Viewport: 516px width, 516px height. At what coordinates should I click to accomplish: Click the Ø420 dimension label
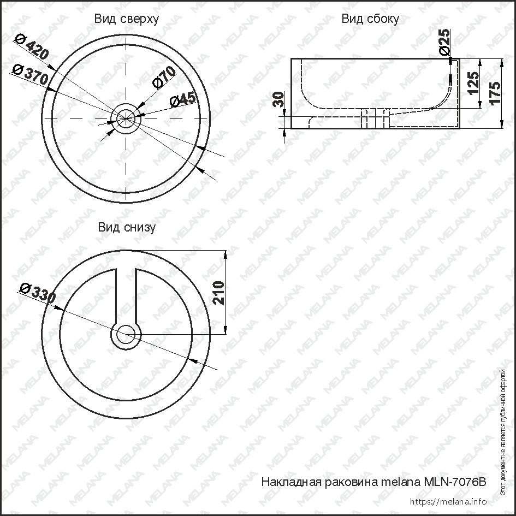pyautogui.click(x=32, y=48)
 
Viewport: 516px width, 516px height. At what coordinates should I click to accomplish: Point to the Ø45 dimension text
pyautogui.click(x=182, y=99)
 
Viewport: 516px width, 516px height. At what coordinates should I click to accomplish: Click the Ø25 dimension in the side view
pyautogui.click(x=445, y=41)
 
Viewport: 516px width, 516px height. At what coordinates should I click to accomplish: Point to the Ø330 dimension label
pyautogui.click(x=37, y=293)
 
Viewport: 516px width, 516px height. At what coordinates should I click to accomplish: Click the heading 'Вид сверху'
pyautogui.click(x=126, y=19)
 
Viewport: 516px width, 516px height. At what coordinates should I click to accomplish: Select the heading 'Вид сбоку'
pyautogui.click(x=370, y=19)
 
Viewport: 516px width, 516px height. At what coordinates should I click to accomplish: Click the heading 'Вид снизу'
pyautogui.click(x=127, y=228)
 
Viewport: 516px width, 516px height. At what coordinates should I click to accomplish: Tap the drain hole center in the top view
pyautogui.click(x=126, y=117)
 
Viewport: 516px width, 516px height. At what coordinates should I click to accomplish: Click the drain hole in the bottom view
pyautogui.click(x=126, y=333)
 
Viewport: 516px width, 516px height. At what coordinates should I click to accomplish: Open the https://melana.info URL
pyautogui.click(x=447, y=501)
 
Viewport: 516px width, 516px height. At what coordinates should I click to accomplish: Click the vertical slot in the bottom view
pyautogui.click(x=126, y=295)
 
